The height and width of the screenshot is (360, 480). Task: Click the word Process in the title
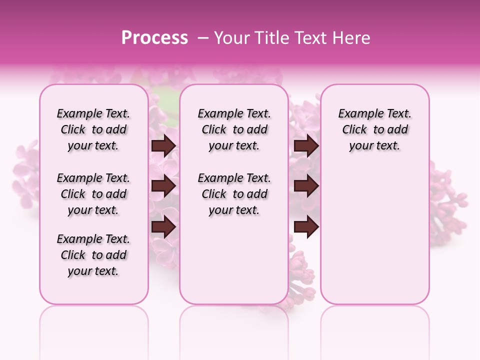click(154, 38)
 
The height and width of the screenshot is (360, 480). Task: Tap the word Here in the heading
click(351, 38)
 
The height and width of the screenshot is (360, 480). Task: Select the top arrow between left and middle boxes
click(163, 146)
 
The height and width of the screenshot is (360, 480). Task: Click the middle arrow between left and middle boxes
click(163, 186)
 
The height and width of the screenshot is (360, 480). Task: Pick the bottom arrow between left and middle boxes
click(163, 227)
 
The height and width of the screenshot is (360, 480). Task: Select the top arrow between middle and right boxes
click(306, 146)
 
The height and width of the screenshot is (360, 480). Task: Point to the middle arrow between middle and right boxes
click(306, 186)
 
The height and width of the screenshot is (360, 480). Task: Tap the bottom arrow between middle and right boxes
click(306, 227)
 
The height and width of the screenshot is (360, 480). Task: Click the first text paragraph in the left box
click(93, 129)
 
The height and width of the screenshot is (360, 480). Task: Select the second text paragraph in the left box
click(93, 194)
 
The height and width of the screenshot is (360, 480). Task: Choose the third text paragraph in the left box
click(93, 255)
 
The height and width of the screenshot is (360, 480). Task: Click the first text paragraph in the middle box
click(234, 129)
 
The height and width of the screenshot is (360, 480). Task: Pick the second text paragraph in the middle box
click(234, 194)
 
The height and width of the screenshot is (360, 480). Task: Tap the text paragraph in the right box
click(374, 129)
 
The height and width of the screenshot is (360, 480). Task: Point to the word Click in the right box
click(354, 130)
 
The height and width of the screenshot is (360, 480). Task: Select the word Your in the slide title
click(229, 38)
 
